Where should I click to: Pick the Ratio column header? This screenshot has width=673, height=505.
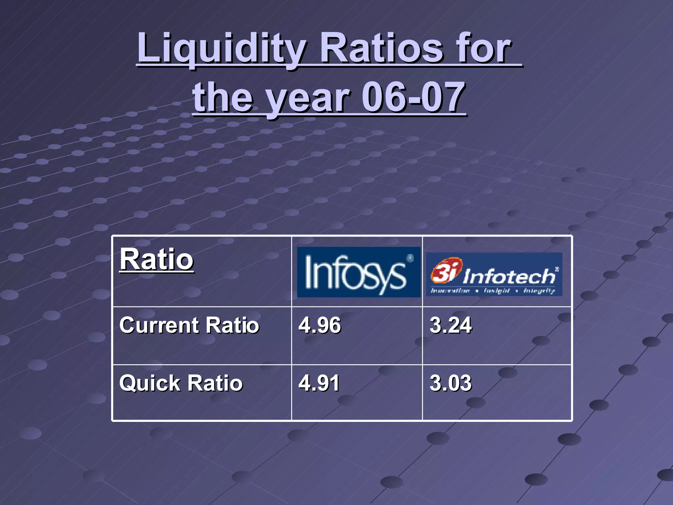click(156, 259)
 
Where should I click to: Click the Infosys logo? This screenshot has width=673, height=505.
click(359, 272)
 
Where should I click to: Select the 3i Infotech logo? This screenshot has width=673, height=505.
click(494, 274)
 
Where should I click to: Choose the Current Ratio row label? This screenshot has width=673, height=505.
click(189, 325)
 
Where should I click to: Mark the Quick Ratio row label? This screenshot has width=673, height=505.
click(181, 383)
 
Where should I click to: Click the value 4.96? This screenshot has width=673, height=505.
click(319, 325)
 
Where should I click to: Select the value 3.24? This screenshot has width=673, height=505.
click(451, 325)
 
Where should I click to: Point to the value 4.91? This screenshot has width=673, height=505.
click(319, 383)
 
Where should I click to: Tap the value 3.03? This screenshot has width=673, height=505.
click(451, 383)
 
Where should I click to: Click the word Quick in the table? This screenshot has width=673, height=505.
click(150, 383)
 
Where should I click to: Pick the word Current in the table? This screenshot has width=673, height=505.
click(159, 325)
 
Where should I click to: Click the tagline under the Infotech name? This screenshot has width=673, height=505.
click(493, 291)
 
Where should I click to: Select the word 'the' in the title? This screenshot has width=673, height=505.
click(223, 97)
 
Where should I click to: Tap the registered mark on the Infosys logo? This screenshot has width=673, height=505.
click(410, 258)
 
